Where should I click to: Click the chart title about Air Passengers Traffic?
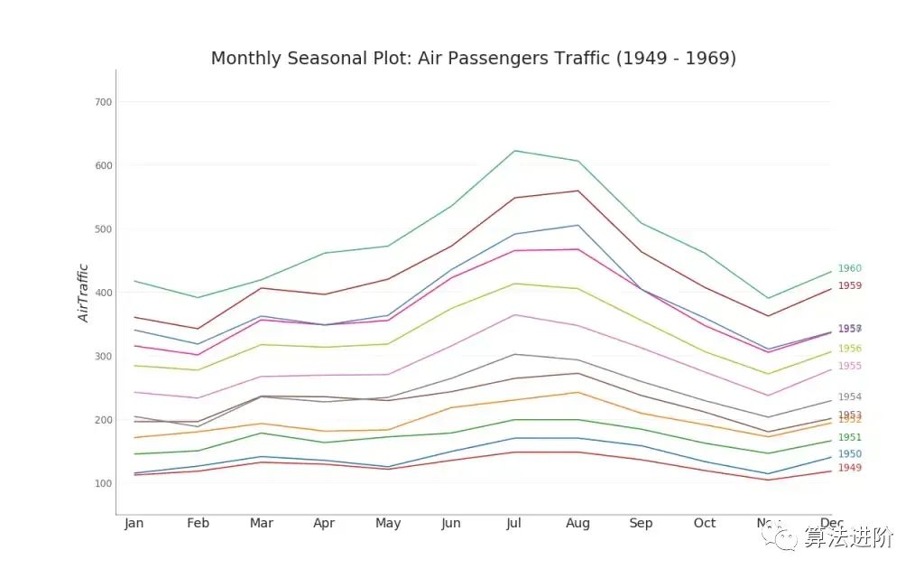[474, 59]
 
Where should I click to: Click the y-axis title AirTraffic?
[83, 293]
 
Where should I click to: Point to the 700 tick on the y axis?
[103, 102]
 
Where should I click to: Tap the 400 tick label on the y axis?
[103, 293]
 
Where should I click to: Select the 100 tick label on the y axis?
[103, 483]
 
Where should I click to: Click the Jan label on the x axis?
[134, 524]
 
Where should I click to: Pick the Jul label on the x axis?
[514, 524]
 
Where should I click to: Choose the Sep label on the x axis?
[641, 524]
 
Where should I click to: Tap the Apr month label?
[324, 524]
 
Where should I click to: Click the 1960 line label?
[849, 268]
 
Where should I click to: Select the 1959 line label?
[849, 285]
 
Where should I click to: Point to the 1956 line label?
[849, 349]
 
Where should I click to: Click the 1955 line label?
[849, 366]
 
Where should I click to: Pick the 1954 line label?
[849, 396]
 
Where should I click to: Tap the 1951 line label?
[849, 437]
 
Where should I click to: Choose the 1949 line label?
[849, 468]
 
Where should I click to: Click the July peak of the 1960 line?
[514, 151]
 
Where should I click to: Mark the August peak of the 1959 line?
[577, 191]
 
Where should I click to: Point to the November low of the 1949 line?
[768, 480]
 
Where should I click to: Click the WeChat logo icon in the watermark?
[782, 536]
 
